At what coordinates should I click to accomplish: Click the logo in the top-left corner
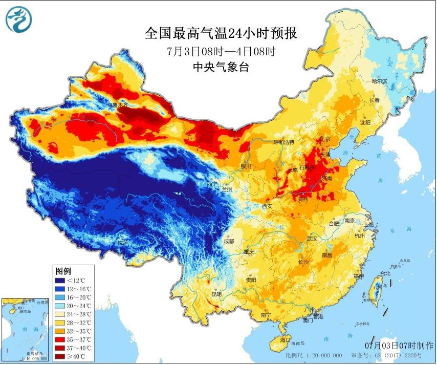click(18, 19)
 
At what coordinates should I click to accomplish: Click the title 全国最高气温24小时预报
click(221, 34)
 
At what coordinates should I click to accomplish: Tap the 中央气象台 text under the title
click(221, 67)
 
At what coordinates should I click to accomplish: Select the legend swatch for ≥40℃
click(63, 356)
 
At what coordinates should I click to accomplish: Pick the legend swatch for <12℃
click(63, 281)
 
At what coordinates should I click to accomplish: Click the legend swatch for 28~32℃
click(63, 323)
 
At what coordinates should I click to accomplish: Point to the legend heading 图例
click(63, 270)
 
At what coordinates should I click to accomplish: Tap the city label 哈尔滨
click(380, 81)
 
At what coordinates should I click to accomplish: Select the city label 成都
click(229, 241)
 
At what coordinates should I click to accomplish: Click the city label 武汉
click(311, 239)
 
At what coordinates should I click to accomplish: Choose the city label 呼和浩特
click(284, 142)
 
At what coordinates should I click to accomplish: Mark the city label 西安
click(267, 206)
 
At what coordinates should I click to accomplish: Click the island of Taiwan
click(377, 291)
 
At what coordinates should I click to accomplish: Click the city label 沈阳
click(364, 122)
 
